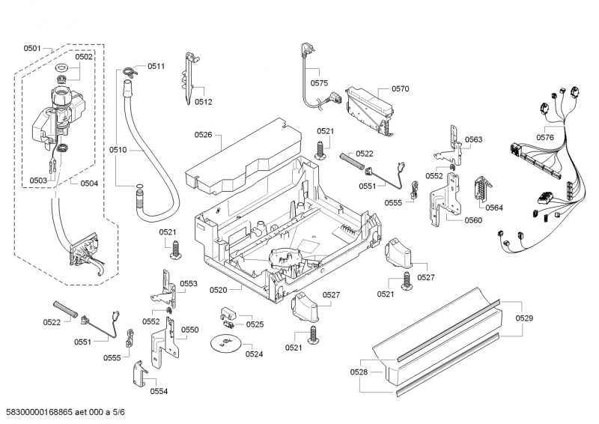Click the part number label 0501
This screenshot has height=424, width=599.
point(31,49)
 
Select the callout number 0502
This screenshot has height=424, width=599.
point(84,57)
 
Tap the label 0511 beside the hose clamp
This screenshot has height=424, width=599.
point(156,67)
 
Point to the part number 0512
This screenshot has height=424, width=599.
point(203,102)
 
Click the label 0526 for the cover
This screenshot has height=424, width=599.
point(203,135)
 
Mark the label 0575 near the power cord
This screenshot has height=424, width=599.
point(320,83)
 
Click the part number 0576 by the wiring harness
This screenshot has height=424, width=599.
point(545,137)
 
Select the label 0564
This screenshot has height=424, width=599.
point(493,207)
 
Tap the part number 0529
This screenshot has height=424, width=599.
point(524,319)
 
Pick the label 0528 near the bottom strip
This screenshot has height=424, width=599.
point(359,372)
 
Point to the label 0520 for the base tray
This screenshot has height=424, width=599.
point(219,290)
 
